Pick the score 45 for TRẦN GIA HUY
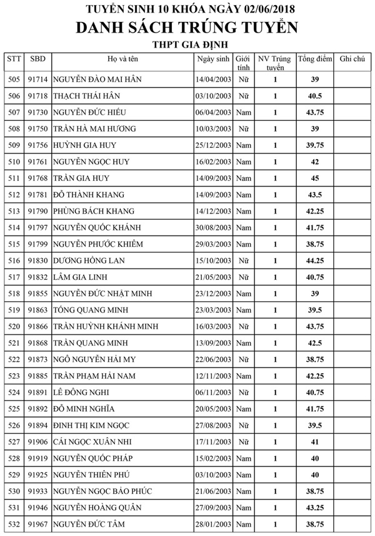(315, 178)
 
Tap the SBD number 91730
(37, 112)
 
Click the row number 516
(14, 260)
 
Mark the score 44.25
(315, 260)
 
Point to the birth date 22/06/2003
(214, 359)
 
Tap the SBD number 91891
(37, 392)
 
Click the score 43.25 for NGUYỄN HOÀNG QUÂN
(315, 507)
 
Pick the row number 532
(14, 523)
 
